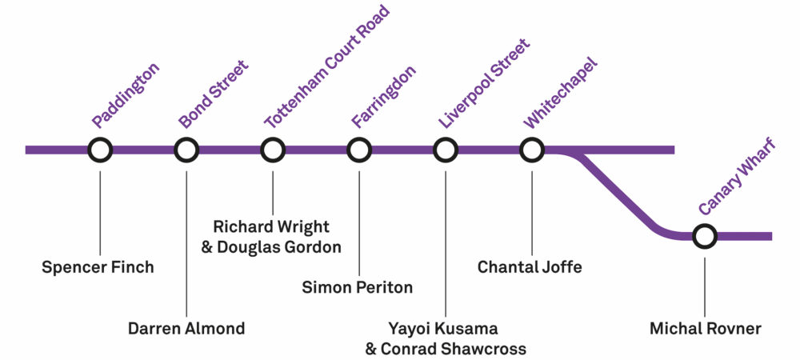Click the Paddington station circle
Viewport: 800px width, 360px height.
(100, 150)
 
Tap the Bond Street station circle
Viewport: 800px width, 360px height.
(186, 150)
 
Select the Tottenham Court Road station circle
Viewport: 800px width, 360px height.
(273, 150)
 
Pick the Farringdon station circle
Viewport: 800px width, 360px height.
(359, 150)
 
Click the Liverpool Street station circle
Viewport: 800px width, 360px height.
(446, 150)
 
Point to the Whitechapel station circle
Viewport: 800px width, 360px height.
(532, 150)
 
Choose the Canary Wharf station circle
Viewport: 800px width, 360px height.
(705, 236)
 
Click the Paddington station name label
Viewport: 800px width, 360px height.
(126, 95)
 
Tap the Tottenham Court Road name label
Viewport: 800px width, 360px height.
(326, 67)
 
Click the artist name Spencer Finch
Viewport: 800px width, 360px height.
(98, 266)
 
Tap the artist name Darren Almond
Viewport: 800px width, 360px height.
(186, 328)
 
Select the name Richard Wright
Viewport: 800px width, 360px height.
(271, 227)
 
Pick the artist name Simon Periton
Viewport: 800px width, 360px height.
(358, 287)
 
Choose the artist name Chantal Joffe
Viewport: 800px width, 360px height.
(530, 266)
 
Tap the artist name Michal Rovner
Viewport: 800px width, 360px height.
(704, 328)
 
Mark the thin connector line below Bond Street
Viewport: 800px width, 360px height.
(186, 240)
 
